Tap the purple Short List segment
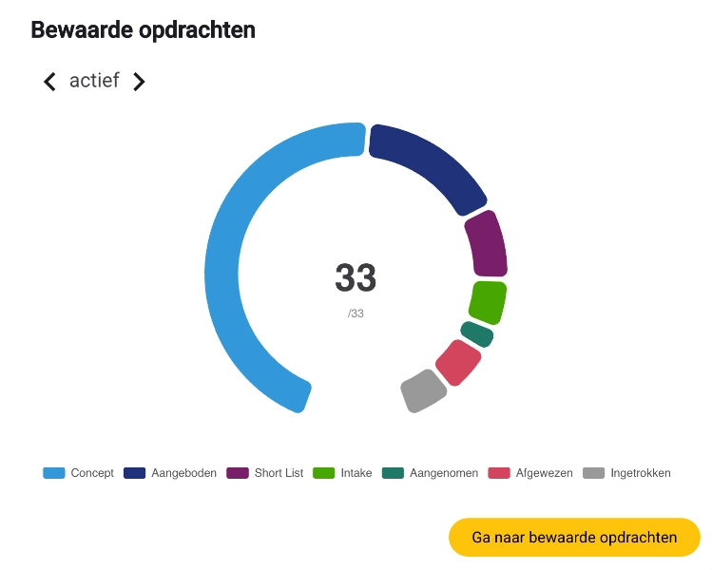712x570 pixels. pyautogui.click(x=486, y=243)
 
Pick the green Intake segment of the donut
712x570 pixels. pyautogui.click(x=487, y=302)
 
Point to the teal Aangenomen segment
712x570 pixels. pyautogui.click(x=477, y=333)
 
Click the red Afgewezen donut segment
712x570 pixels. pyautogui.click(x=457, y=362)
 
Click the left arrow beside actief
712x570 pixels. pyautogui.click(x=49, y=82)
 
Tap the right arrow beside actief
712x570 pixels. pyautogui.click(x=139, y=82)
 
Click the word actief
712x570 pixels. pyautogui.click(x=94, y=81)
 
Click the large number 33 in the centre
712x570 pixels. pyautogui.click(x=356, y=278)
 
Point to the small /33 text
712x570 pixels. pyautogui.click(x=356, y=313)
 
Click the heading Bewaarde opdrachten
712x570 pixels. pyautogui.click(x=143, y=29)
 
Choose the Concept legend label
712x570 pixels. pyautogui.click(x=92, y=473)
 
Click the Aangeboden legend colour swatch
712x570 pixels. pyautogui.click(x=134, y=473)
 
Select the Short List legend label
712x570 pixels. pyautogui.click(x=278, y=473)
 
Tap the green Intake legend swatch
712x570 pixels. pyautogui.click(x=324, y=473)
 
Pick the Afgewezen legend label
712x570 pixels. pyautogui.click(x=544, y=473)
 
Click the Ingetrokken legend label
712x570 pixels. pyautogui.click(x=641, y=473)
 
